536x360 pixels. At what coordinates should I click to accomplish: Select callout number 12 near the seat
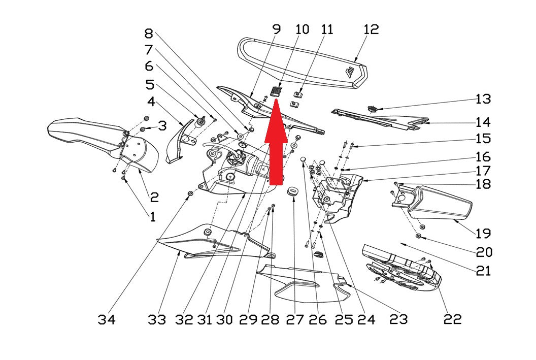pyautogui.click(x=371, y=29)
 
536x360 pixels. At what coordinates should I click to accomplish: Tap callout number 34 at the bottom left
pyautogui.click(x=106, y=320)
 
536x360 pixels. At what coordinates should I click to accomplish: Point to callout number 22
pyautogui.click(x=453, y=319)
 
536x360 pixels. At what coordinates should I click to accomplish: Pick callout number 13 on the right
pyautogui.click(x=483, y=99)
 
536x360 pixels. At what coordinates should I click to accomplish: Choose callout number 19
pyautogui.click(x=483, y=234)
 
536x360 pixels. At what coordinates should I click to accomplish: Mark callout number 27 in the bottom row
pyautogui.click(x=295, y=320)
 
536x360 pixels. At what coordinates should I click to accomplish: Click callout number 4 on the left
pyautogui.click(x=151, y=102)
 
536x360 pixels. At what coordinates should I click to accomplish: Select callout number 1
pyautogui.click(x=152, y=216)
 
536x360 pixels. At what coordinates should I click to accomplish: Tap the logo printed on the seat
pyautogui.click(x=349, y=73)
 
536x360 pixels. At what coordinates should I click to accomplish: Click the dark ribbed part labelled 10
pyautogui.click(x=277, y=91)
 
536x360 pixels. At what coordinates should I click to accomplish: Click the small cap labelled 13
pyautogui.click(x=372, y=109)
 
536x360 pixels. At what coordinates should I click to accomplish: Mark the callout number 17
pyautogui.click(x=483, y=171)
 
